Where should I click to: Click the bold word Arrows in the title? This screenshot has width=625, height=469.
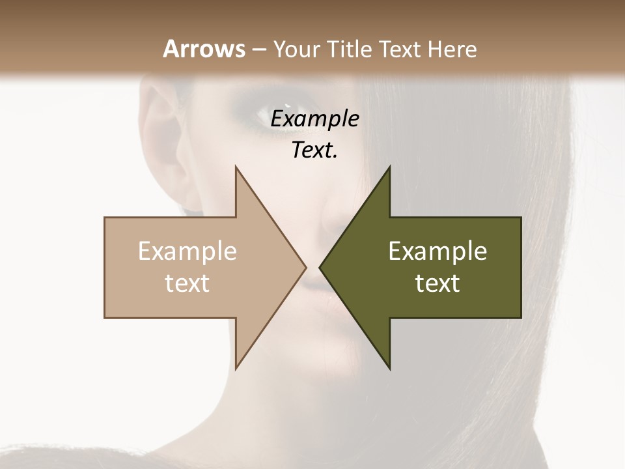(204, 49)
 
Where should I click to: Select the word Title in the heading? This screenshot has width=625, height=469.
(352, 49)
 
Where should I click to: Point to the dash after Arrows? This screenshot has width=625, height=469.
(258, 50)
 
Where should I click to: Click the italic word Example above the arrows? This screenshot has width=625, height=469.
(315, 119)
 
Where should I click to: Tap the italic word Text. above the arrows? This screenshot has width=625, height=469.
(315, 150)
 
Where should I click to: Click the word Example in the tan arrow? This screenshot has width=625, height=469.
(187, 251)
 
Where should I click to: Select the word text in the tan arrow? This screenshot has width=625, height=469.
(187, 283)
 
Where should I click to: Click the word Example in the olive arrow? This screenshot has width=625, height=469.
(437, 251)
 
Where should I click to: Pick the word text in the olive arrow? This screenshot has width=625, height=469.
(437, 283)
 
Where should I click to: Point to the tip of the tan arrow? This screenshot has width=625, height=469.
(305, 267)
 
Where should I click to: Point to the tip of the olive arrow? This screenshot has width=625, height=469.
(320, 267)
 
